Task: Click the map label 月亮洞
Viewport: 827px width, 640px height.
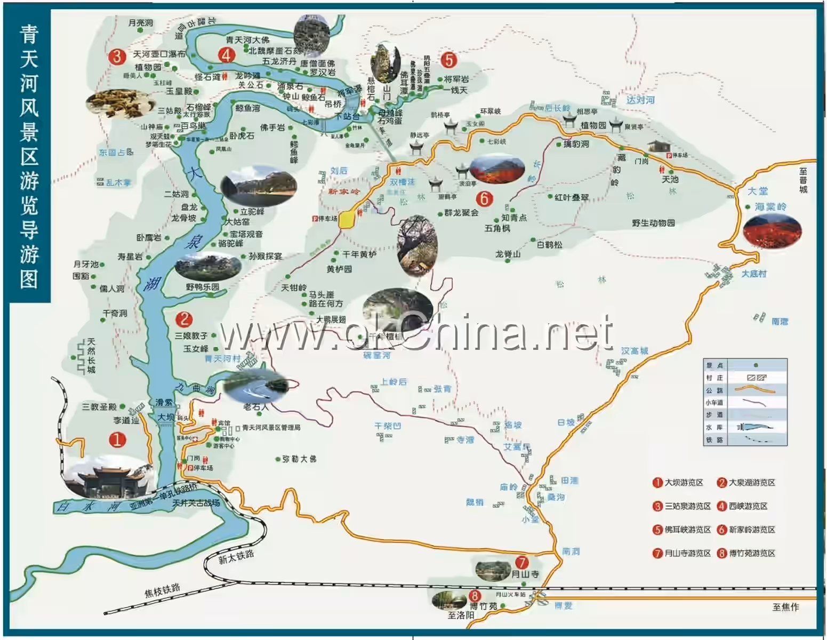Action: [141, 23]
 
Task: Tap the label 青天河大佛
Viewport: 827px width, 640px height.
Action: [247, 40]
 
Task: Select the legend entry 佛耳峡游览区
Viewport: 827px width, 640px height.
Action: [687, 530]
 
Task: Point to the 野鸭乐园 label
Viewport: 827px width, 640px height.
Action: [203, 287]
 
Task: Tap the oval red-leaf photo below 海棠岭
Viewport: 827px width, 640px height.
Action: [772, 231]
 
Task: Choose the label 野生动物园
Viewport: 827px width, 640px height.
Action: [653, 223]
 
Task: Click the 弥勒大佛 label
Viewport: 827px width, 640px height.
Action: [299, 459]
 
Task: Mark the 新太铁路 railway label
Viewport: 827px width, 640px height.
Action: [236, 557]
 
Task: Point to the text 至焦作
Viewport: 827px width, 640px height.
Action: [785, 607]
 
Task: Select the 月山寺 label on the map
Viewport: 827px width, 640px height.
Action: [525, 574]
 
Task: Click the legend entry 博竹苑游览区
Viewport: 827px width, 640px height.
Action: [752, 553]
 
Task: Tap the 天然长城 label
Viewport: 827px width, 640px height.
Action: [91, 355]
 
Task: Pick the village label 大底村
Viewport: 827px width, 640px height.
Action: [754, 274]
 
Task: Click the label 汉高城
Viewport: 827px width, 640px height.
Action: [635, 351]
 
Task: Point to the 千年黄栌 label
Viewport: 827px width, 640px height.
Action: [359, 255]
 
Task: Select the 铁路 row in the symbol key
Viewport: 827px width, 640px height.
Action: [744, 440]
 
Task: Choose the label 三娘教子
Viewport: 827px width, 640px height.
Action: [191, 336]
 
